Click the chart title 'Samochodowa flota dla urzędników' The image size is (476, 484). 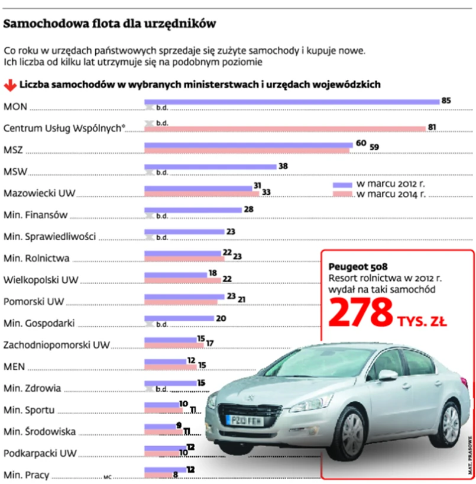(x=109, y=24)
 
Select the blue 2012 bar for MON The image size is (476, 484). (x=292, y=101)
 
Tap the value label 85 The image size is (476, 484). (x=446, y=101)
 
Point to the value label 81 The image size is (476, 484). (x=432, y=128)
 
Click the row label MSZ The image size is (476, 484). (x=13, y=150)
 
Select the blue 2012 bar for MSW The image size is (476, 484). (x=210, y=166)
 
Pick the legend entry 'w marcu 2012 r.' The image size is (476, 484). (x=388, y=184)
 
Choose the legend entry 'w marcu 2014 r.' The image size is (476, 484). (x=388, y=194)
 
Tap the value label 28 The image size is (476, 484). (x=249, y=209)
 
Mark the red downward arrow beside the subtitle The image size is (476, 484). (x=9, y=85)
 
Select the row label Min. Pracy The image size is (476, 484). (x=26, y=475)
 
